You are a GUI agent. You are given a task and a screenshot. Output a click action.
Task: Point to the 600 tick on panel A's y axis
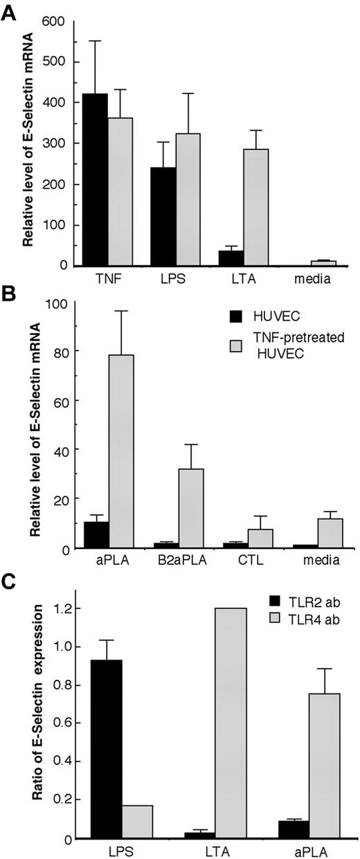tap(53, 22)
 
